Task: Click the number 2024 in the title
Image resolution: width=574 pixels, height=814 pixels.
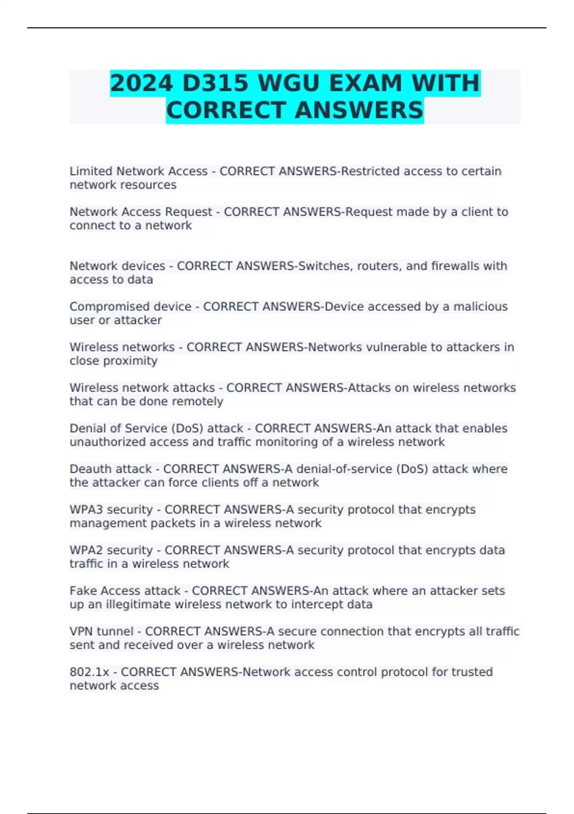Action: pos(141,83)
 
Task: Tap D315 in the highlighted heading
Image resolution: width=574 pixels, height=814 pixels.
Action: pos(216,83)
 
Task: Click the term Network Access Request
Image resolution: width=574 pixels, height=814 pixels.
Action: pos(141,212)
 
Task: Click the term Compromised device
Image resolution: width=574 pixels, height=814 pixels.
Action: pos(130,307)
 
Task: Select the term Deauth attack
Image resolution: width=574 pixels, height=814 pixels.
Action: pos(110,469)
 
